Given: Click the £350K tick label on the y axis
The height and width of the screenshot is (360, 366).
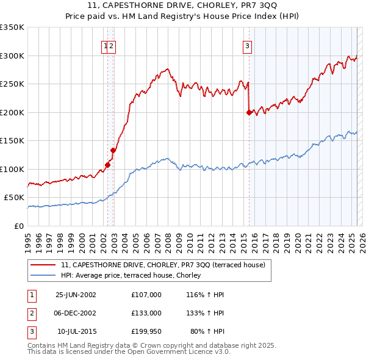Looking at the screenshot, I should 12,27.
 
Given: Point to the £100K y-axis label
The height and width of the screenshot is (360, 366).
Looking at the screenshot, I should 12,169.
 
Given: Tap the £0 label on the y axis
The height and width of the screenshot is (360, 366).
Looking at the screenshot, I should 19,226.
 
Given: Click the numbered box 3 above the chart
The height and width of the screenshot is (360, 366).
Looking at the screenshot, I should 248,45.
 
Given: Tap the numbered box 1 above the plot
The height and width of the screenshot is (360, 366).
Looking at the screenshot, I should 106,45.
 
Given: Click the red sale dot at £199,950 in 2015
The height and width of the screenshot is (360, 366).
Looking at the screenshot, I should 249,112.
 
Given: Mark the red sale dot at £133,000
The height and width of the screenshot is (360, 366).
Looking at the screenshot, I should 113,150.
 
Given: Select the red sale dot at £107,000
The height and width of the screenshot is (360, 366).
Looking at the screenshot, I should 108,164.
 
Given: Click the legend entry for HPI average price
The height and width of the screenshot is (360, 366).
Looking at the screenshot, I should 135,275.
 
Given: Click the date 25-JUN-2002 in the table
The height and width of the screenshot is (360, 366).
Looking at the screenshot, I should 76,295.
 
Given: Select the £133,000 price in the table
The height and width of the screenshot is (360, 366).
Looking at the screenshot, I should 146,313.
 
